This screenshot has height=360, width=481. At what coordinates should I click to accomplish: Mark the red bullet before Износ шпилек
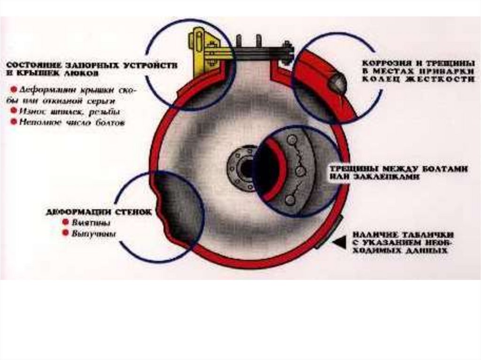(x=14, y=112)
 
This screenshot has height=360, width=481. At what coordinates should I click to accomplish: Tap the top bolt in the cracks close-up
(x=292, y=140)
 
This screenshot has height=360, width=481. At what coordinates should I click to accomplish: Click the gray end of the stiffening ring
(x=337, y=83)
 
